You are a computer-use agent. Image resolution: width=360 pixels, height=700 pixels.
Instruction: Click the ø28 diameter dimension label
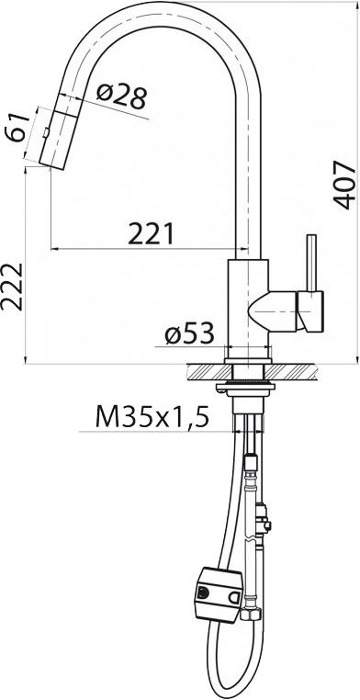pyautogui.click(x=121, y=96)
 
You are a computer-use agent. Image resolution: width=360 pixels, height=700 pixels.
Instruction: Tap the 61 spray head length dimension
pyautogui.click(x=17, y=128)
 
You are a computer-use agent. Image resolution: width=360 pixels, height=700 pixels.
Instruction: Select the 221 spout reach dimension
pyautogui.click(x=151, y=234)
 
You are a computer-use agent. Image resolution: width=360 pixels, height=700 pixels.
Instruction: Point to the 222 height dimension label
pyautogui.click(x=12, y=287)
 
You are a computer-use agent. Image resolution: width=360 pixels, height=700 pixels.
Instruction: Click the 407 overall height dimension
pyautogui.click(x=345, y=186)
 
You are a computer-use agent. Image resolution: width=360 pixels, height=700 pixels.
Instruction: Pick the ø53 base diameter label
pyautogui.click(x=189, y=334)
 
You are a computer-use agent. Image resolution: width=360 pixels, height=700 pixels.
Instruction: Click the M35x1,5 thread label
pyautogui.click(x=152, y=418)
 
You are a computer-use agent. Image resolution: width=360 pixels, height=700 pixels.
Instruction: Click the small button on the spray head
pyautogui.click(x=47, y=133)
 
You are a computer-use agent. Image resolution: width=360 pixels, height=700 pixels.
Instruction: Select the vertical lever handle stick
pyautogui.click(x=312, y=263)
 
